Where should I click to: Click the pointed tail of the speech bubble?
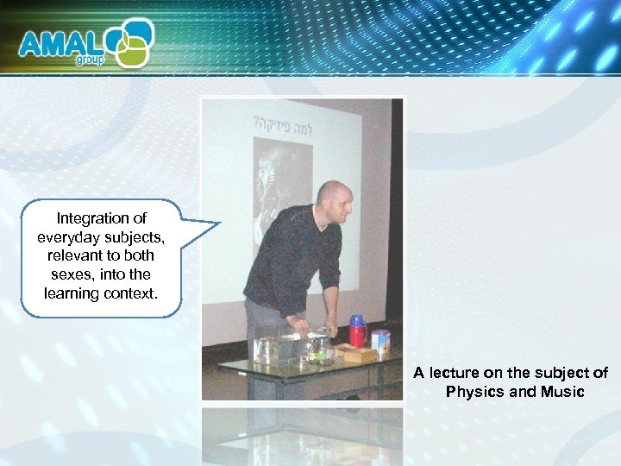tap(211, 226)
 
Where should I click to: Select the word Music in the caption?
tap(562, 392)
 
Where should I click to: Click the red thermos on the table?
tap(357, 334)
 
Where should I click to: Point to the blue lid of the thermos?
tap(357, 320)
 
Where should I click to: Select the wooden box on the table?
tap(354, 353)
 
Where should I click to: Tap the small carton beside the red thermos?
tap(380, 339)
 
